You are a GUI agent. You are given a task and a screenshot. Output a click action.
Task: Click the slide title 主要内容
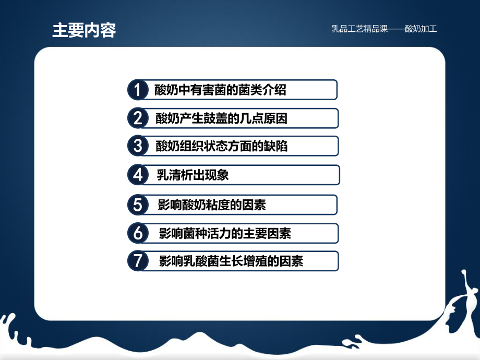coord(83,30)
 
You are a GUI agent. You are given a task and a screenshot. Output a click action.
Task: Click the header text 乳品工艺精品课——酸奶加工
coord(384,29)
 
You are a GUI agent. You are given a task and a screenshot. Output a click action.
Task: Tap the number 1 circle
coord(137,90)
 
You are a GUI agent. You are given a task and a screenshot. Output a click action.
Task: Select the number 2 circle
coord(137,118)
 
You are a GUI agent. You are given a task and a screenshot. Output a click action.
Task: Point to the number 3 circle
coord(137,146)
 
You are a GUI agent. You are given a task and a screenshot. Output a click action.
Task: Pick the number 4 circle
coord(137,175)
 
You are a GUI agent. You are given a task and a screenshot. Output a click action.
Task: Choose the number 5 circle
coord(137,205)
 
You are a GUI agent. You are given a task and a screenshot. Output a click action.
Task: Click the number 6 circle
coord(137,233)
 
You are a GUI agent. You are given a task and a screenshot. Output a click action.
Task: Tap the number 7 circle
coord(137,261)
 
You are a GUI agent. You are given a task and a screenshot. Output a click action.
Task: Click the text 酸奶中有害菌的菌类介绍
coord(220,90)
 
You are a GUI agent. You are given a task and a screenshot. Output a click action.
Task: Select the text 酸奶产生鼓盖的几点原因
coord(221,118)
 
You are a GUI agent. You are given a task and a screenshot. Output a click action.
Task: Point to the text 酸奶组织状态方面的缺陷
coord(221,146)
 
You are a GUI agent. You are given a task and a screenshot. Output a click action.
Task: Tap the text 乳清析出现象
coord(193,175)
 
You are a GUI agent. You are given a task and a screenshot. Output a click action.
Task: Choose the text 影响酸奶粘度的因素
coord(212,205)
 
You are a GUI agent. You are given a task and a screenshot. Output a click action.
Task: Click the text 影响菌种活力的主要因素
coord(225,233)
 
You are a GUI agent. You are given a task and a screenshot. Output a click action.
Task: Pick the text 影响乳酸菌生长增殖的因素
coord(231,261)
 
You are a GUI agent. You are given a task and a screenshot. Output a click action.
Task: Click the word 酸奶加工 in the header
coord(421,29)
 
